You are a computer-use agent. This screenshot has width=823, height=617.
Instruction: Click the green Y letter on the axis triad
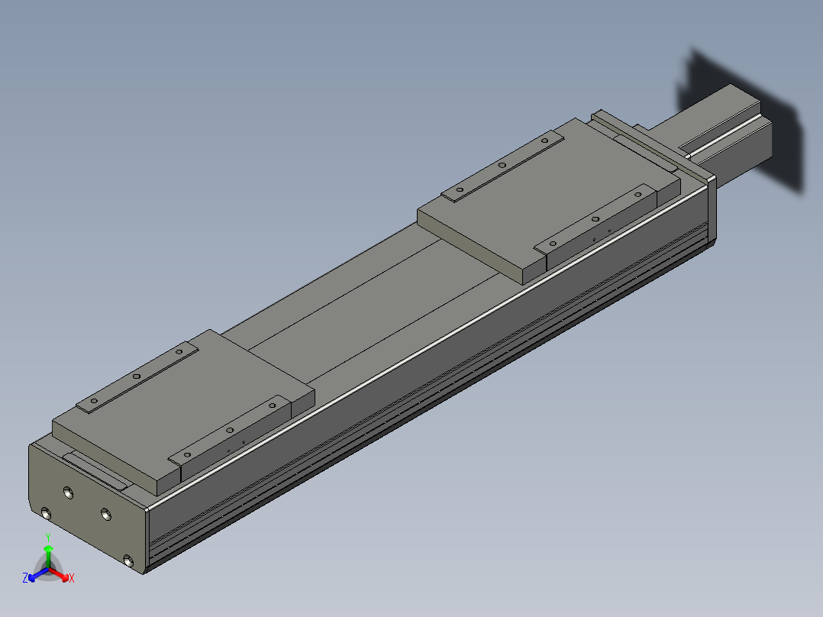pos(48,538)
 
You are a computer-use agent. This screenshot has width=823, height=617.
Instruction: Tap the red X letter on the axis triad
pos(72,578)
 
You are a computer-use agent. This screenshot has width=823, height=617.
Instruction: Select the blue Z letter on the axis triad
pos(25,577)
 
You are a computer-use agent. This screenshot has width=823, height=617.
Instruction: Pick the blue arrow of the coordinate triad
pos(38,574)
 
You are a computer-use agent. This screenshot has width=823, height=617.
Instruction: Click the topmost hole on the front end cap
pos(68,493)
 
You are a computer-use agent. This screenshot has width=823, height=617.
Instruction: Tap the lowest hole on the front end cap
pos(128,560)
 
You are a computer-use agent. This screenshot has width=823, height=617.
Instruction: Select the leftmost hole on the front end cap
pos(46,514)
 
